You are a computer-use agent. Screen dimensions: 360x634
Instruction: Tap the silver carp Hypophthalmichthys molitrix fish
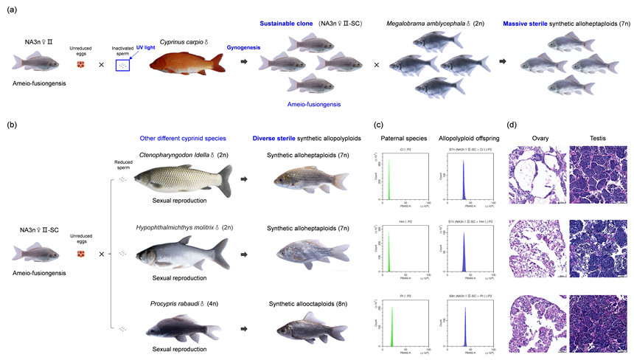click(184, 255)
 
